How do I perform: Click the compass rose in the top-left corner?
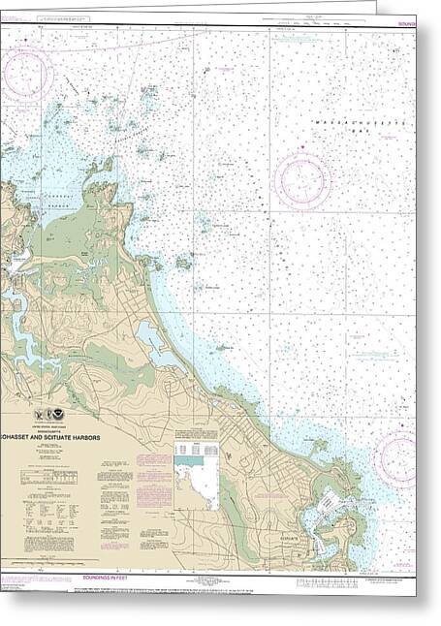tap(26, 74)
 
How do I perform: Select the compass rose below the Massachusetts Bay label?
tap(301, 179)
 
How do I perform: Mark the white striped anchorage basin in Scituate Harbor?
tap(327, 501)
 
